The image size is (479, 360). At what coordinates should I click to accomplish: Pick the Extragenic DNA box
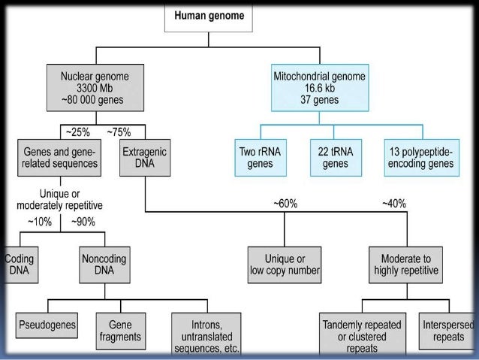[144, 156]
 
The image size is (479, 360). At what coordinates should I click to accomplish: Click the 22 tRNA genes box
[335, 156]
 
